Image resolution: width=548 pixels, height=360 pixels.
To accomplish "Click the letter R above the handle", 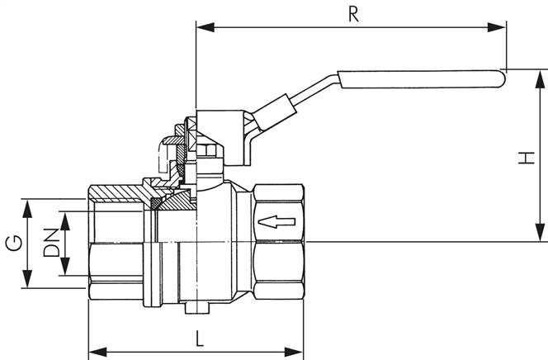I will click(x=353, y=14).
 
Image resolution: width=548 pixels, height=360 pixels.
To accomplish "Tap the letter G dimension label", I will click(x=12, y=244).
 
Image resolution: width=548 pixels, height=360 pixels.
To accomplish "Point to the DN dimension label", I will click(x=50, y=244).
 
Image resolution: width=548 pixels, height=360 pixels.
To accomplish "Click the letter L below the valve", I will click(x=199, y=338).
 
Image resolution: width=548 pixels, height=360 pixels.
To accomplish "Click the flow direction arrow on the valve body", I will click(x=276, y=221).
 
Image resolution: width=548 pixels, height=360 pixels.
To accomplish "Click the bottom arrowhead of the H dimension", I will click(x=541, y=235).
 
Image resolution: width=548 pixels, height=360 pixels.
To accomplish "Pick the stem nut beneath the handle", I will click(x=208, y=151).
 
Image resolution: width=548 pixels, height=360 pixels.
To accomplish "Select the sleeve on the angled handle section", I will click(x=273, y=111).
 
